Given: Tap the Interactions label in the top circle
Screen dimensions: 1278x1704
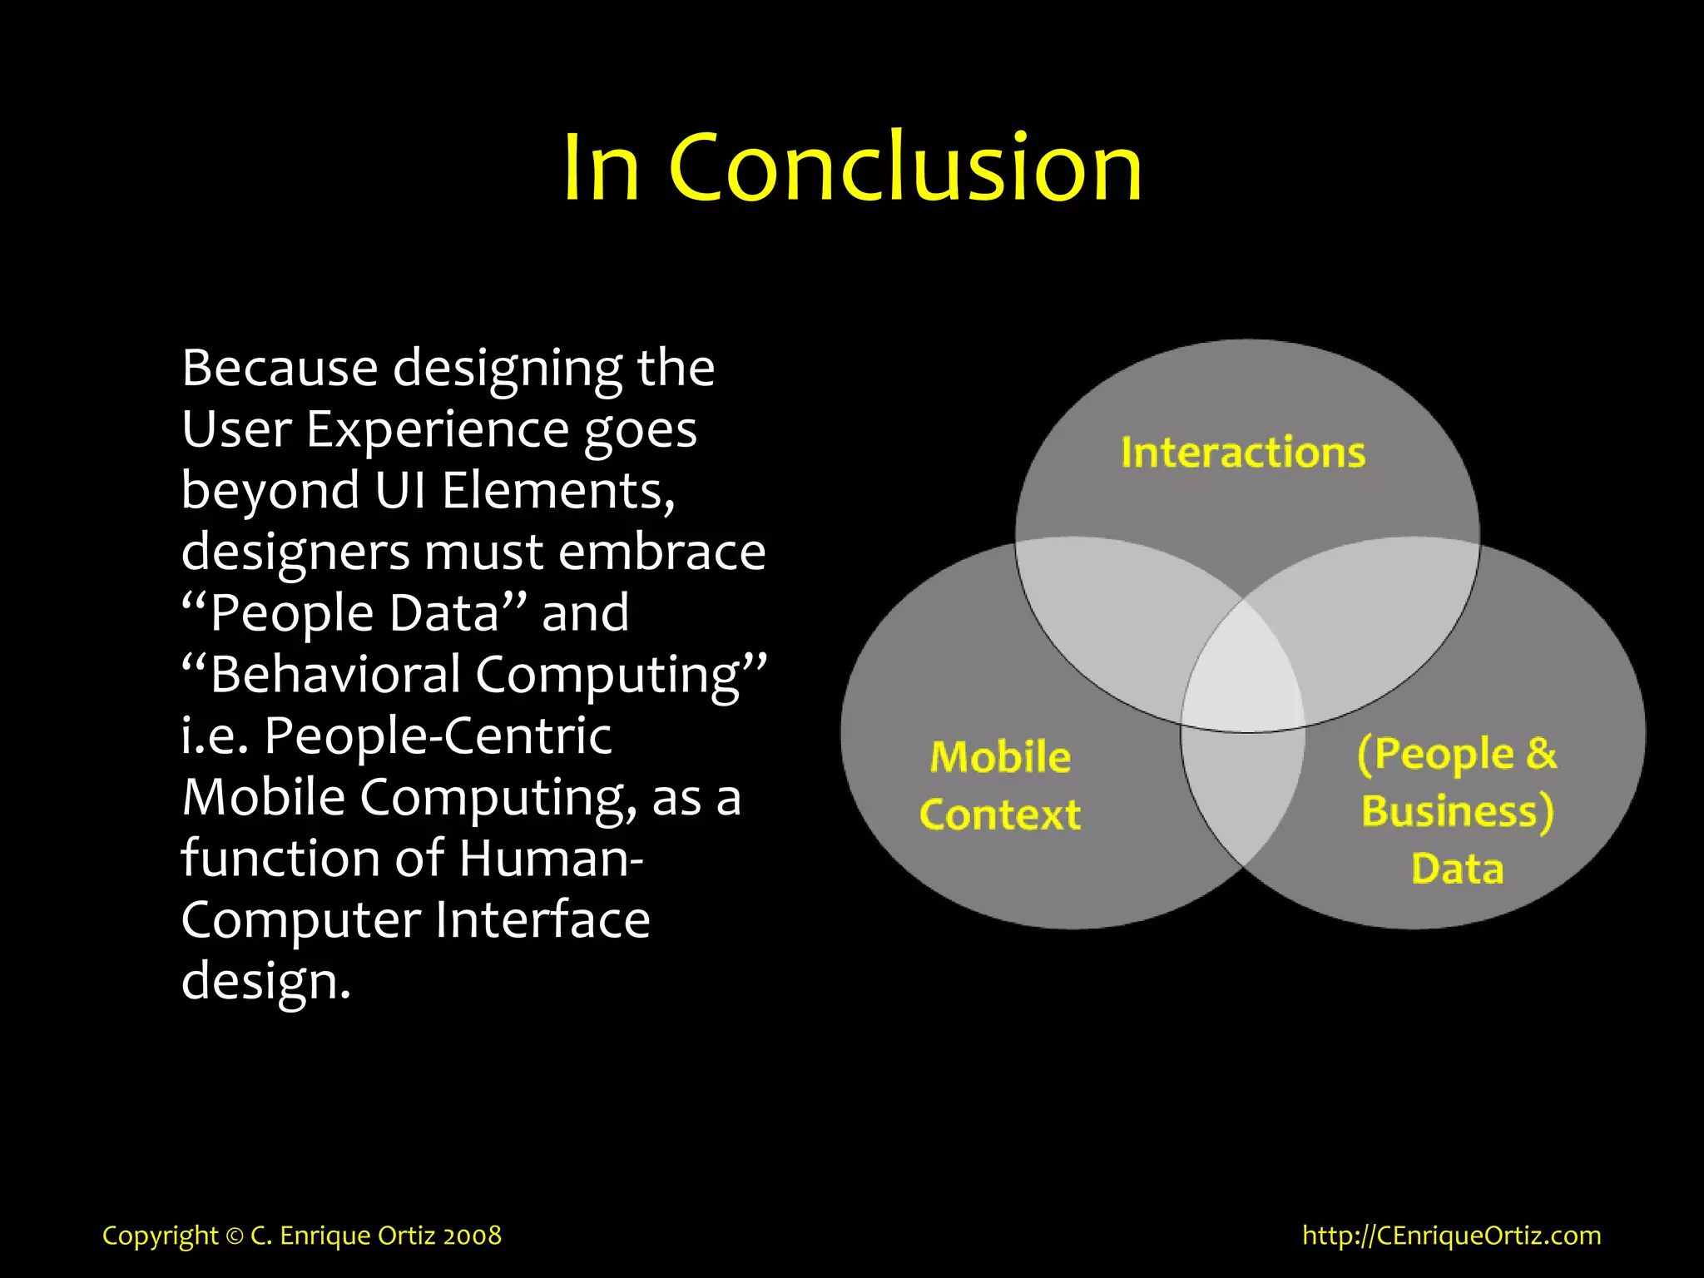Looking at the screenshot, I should pyautogui.click(x=1243, y=453).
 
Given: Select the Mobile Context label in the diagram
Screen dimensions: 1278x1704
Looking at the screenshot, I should pyautogui.click(x=1000, y=785).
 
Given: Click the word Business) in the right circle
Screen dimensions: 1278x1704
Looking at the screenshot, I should pyautogui.click(x=1458, y=812).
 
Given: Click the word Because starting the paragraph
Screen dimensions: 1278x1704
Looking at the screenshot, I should pyautogui.click(x=280, y=368).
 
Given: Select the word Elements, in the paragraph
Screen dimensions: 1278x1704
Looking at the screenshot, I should pyautogui.click(x=558, y=491).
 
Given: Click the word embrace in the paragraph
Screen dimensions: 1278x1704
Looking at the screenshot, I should pyautogui.click(x=661, y=552).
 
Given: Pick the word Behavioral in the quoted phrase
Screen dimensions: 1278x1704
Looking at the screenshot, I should pyautogui.click(x=334, y=675).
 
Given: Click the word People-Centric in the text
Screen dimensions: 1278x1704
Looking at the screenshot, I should pyautogui.click(x=438, y=736).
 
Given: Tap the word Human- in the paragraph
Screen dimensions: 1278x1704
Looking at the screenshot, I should pyautogui.click(x=551, y=859).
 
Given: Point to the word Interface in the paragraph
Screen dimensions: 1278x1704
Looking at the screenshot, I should pyautogui.click(x=542, y=920).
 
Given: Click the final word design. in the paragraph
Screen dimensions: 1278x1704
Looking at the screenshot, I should pyautogui.click(x=265, y=982).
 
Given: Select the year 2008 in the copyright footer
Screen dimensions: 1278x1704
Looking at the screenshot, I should pyautogui.click(x=472, y=1236).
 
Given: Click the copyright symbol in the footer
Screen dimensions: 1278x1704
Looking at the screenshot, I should pyautogui.click(x=235, y=1236).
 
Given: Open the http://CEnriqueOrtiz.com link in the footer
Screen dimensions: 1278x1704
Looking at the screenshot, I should pyautogui.click(x=1451, y=1236).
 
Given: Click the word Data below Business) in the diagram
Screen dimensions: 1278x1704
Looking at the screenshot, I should pyautogui.click(x=1458, y=869).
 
